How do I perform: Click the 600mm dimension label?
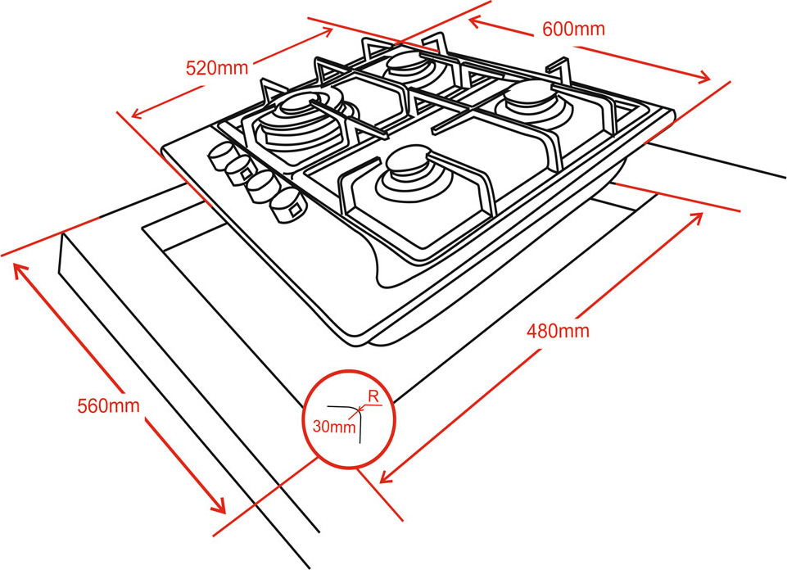(573, 29)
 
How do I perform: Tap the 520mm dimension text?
(217, 68)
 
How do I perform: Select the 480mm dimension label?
(558, 332)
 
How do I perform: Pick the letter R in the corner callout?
(373, 396)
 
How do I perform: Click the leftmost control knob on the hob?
(221, 155)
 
